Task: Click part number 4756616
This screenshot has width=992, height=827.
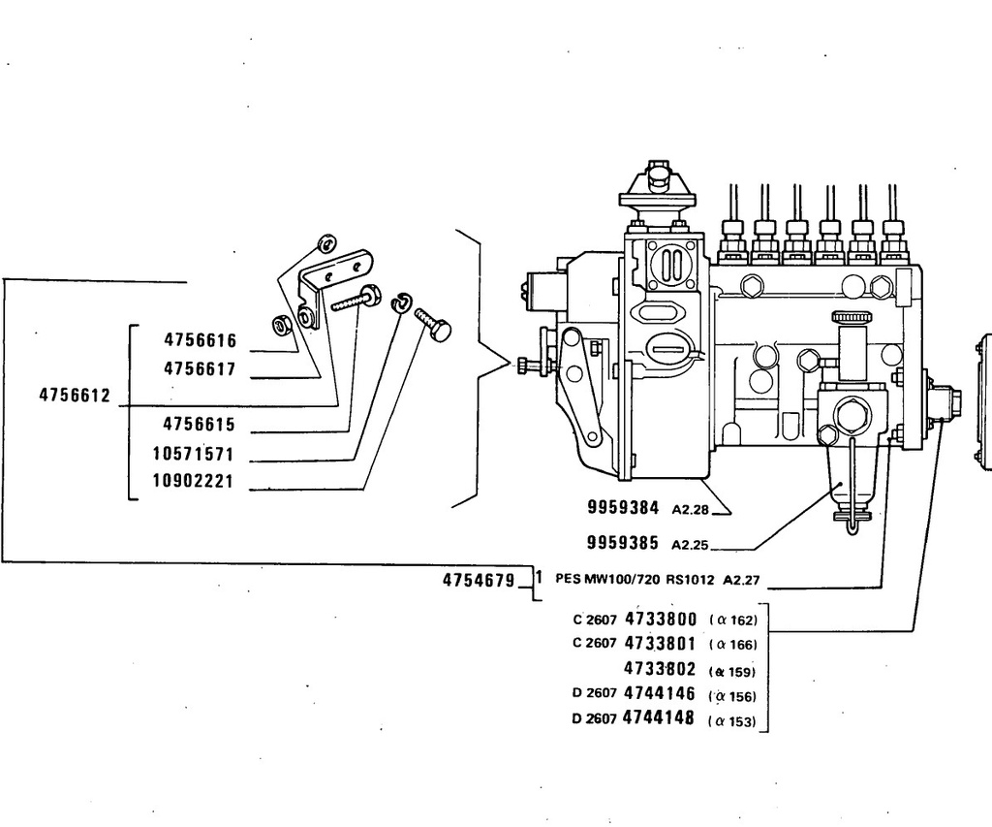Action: (200, 340)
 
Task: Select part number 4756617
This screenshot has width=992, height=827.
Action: (200, 368)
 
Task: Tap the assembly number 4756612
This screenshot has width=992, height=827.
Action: (75, 396)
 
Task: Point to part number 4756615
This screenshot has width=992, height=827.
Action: (199, 425)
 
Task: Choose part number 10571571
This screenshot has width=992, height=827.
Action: (194, 454)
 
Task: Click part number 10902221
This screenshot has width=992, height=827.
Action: (194, 481)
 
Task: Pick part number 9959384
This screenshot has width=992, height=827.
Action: (623, 507)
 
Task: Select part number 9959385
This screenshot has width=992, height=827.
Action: (623, 543)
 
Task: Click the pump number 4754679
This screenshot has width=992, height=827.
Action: (479, 580)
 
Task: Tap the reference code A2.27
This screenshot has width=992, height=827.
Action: (741, 580)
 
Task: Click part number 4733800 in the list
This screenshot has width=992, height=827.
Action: (661, 619)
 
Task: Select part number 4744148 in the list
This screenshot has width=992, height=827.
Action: (659, 718)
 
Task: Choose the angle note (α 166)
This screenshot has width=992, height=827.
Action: (732, 646)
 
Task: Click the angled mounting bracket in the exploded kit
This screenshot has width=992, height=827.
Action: (333, 284)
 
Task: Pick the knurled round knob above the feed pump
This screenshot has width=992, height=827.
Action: (851, 317)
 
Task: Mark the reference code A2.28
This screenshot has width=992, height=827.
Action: (690, 509)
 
